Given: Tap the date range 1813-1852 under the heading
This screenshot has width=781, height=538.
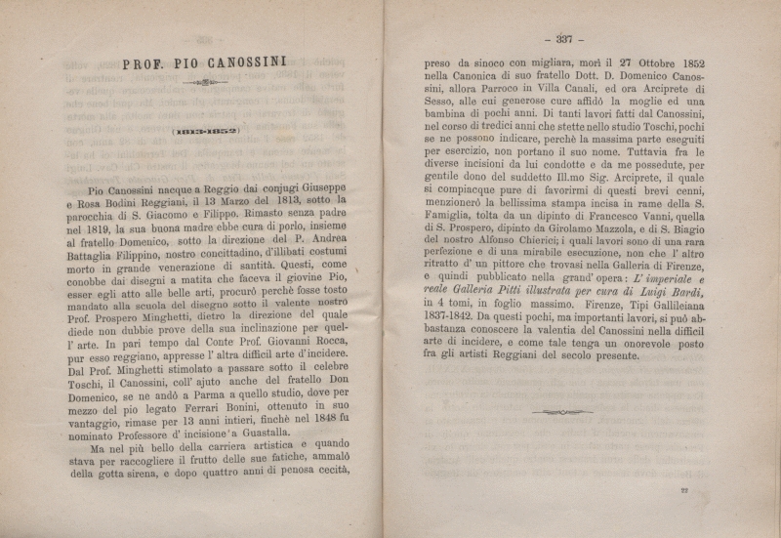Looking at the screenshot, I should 206,131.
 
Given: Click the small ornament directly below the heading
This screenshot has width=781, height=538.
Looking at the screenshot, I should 205,84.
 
